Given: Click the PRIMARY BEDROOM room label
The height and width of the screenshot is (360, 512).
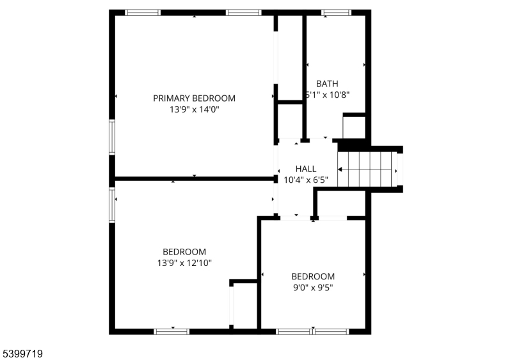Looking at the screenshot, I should [194, 98].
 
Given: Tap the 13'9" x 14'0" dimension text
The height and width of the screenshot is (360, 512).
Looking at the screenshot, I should [194, 110].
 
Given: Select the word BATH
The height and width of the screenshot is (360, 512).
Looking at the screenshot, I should [327, 83].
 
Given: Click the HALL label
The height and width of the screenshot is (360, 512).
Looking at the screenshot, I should [306, 169].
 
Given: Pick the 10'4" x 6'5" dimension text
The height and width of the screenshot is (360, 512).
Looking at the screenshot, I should [306, 180].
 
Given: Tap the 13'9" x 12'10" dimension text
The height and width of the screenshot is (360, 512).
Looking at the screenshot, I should [184, 263].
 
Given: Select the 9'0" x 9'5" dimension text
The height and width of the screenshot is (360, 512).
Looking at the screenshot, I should [313, 288].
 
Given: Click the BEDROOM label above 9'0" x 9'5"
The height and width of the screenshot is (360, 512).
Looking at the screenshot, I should [313, 276].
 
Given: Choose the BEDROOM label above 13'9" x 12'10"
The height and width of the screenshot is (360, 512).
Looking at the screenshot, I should [184, 252].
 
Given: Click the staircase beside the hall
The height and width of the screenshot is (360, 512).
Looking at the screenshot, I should [365, 169].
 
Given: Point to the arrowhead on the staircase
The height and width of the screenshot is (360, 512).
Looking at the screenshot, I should [340, 169].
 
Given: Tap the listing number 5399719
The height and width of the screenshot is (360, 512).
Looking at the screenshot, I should [22, 352].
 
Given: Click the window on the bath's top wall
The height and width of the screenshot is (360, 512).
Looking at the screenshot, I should [336, 12].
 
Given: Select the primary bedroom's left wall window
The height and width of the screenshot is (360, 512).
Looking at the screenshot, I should [111, 137].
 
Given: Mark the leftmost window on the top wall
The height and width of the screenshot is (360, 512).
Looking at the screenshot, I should [143, 12].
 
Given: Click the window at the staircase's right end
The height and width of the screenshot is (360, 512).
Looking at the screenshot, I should [399, 169].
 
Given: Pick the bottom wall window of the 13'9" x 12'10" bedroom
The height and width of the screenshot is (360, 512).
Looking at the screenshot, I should [172, 331].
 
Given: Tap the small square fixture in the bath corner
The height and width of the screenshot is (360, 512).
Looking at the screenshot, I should [354, 126].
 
